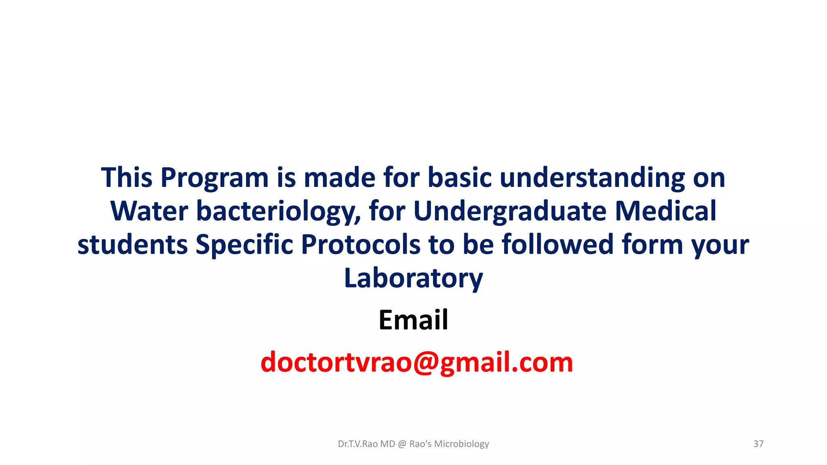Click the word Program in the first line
click(214, 178)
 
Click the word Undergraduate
click(510, 211)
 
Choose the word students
click(132, 245)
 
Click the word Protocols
click(361, 245)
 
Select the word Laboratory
click(413, 279)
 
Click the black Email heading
click(413, 320)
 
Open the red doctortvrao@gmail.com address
click(416, 362)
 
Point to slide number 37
click(758, 444)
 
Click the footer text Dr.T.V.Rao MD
click(366, 444)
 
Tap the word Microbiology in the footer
click(461, 444)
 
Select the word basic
click(460, 178)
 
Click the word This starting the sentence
click(126, 178)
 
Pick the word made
click(340, 178)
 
